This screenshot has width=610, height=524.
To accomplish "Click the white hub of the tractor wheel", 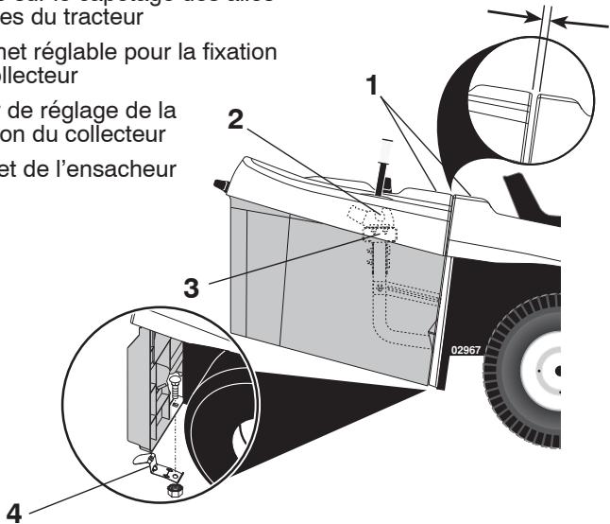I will pyautogui.click(x=547, y=372).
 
